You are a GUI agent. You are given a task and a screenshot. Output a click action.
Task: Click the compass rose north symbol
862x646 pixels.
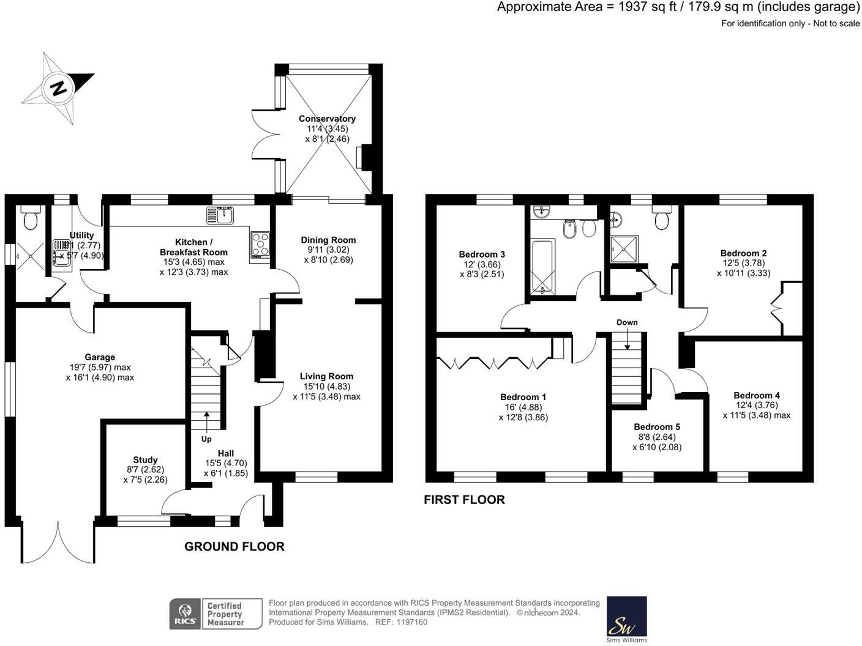point(59,88)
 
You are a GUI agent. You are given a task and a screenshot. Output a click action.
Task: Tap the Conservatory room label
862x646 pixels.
point(327,119)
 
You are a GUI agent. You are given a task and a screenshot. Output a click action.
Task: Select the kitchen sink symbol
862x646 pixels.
point(221,215)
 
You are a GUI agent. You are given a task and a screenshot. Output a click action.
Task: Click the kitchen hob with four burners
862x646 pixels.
point(260,245)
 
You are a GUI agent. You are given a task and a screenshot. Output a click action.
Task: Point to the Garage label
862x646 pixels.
point(100,357)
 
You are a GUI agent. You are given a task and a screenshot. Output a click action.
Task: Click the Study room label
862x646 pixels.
point(145,460)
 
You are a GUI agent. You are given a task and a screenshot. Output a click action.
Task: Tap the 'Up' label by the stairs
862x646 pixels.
point(207,439)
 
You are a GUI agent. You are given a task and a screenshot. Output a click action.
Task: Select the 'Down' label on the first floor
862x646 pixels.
point(627,322)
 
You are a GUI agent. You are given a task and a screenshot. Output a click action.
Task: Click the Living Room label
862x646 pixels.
point(326,376)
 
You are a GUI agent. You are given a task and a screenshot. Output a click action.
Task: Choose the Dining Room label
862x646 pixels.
point(328,240)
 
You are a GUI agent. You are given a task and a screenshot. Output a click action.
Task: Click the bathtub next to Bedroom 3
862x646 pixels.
point(543,267)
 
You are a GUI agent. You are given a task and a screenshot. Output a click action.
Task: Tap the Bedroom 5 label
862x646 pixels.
point(656,427)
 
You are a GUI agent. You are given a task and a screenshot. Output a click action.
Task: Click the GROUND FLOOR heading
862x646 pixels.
point(234,546)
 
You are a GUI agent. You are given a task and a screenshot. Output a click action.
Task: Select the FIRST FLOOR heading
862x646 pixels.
point(464,500)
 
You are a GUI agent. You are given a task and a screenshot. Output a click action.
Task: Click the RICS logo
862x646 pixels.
point(184,614)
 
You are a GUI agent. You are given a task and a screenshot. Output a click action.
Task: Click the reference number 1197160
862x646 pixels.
point(412,622)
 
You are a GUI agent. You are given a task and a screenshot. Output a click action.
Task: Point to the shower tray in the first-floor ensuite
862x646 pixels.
point(624,249)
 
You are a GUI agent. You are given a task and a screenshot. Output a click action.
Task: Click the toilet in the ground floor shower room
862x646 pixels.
point(31,217)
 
